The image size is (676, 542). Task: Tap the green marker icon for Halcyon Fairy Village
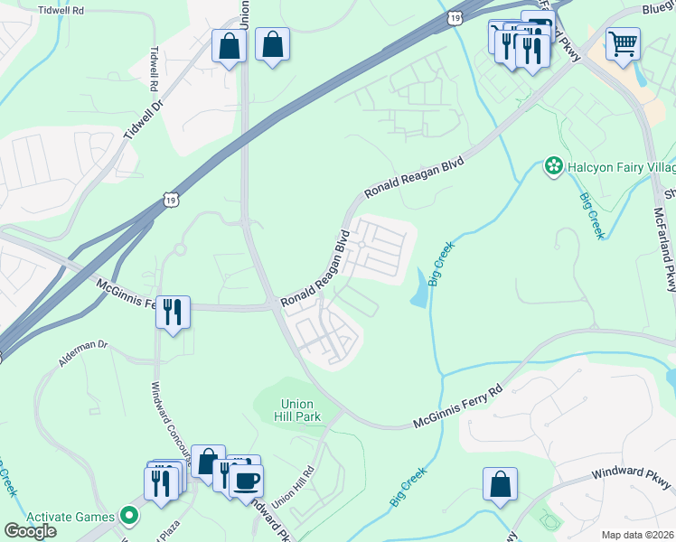552,165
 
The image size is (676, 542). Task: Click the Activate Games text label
70,517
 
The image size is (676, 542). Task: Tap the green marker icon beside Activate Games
129,517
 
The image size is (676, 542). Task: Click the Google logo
30,531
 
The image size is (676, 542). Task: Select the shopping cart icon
623,42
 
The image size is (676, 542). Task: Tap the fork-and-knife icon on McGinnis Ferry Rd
172,312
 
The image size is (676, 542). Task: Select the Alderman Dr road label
83,345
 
